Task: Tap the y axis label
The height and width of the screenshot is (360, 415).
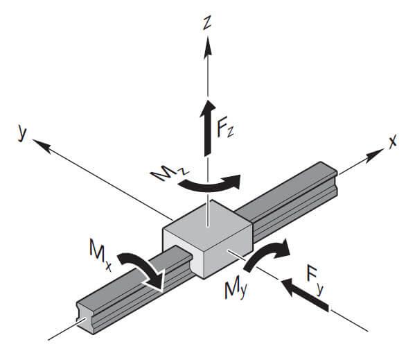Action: tap(22, 133)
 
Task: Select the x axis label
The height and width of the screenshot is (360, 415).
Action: tap(393, 141)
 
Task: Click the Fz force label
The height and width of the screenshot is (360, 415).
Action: tap(225, 129)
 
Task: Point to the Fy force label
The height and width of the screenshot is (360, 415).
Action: tap(315, 280)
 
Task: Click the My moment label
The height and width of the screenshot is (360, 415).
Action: tap(236, 290)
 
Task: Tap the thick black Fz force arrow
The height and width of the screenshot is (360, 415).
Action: tap(208, 128)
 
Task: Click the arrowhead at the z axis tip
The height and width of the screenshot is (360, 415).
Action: tap(208, 46)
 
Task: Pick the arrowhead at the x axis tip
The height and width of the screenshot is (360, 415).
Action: tap(375, 154)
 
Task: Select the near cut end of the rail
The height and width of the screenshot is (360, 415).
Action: tap(85, 318)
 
